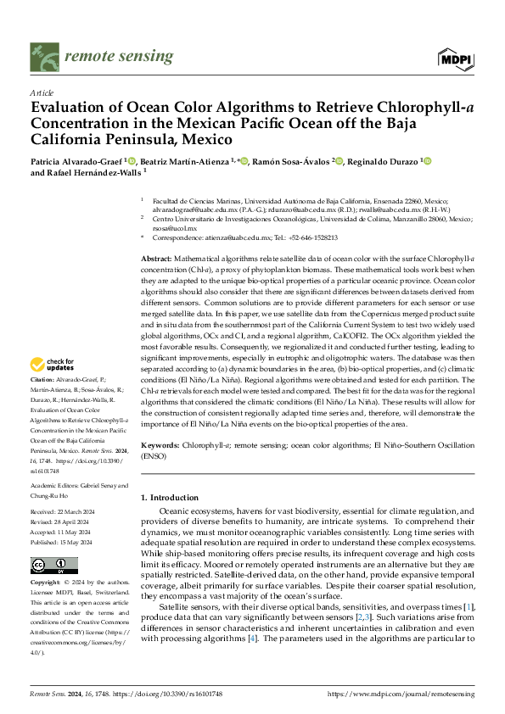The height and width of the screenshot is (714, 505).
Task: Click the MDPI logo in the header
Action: [x=457, y=59]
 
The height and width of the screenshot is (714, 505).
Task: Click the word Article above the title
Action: [x=42, y=92]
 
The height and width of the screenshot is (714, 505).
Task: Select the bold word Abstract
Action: [x=156, y=258]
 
